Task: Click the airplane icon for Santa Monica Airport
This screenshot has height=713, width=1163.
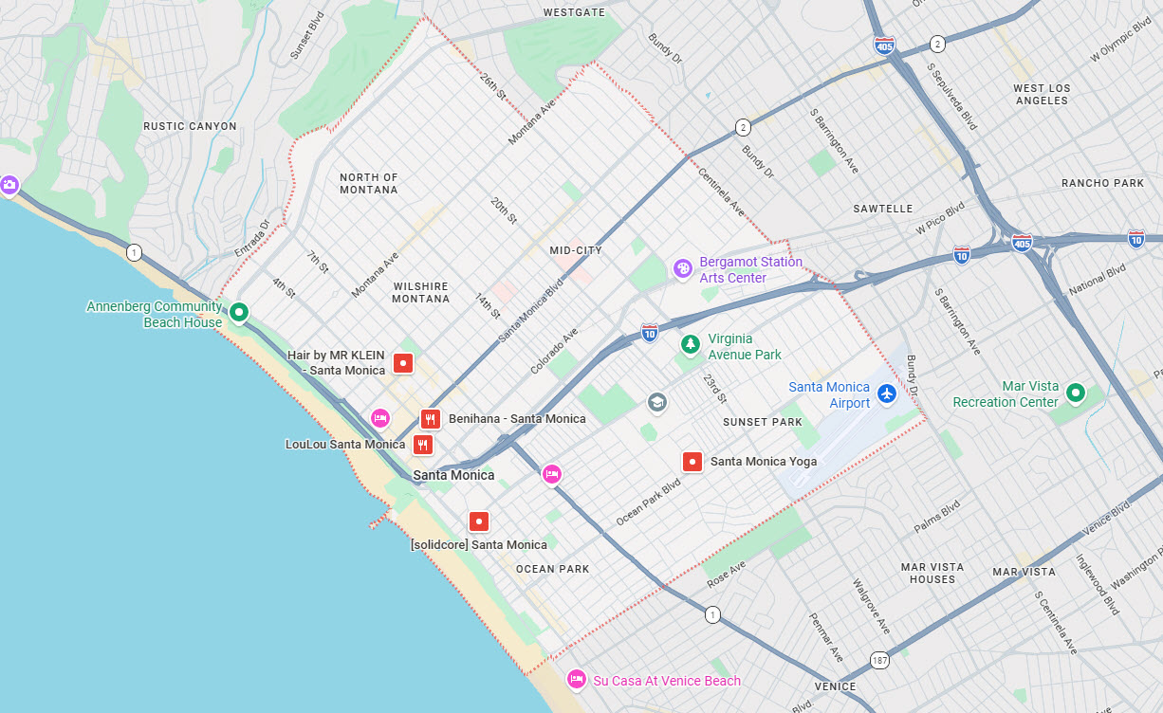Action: click(887, 393)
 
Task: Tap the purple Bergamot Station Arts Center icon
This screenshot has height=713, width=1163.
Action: click(682, 268)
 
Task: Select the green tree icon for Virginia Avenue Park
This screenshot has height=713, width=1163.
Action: click(691, 344)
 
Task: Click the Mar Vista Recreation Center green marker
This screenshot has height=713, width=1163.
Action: click(1075, 392)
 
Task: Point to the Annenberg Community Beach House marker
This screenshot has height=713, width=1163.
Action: click(239, 311)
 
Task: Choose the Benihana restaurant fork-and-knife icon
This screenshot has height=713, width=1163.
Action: click(431, 418)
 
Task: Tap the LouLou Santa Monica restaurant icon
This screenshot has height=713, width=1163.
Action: click(423, 444)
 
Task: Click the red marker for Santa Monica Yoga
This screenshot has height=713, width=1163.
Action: click(692, 462)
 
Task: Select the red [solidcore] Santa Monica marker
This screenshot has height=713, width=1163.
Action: click(479, 521)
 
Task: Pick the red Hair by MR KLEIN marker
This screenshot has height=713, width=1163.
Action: click(403, 362)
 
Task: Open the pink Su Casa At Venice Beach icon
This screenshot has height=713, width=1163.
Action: click(576, 679)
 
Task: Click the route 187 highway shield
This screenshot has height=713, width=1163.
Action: click(880, 659)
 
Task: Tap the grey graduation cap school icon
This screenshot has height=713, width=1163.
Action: click(656, 403)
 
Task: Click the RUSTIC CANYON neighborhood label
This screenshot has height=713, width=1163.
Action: click(190, 126)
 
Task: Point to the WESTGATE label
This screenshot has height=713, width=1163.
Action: click(574, 12)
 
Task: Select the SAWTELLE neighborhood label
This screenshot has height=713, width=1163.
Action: click(882, 209)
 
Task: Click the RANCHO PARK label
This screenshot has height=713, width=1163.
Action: click(1102, 183)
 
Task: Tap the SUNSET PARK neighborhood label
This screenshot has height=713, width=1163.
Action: click(762, 422)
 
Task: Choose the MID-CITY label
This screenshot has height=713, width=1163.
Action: click(576, 250)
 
